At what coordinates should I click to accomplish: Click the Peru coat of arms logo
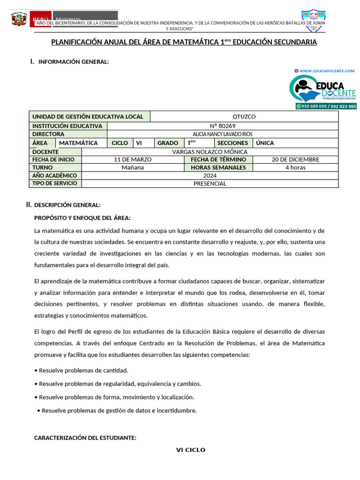coord(19,19)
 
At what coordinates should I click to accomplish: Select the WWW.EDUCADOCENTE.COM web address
coord(327,71)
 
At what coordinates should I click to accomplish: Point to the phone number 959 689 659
coord(312,106)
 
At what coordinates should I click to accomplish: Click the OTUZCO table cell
coord(244,117)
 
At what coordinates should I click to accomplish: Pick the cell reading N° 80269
coord(223,126)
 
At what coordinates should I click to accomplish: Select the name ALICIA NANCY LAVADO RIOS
coord(223,134)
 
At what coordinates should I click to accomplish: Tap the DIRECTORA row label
coord(48,134)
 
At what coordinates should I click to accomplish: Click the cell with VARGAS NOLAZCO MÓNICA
coord(210,151)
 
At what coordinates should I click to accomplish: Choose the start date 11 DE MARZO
coord(133,159)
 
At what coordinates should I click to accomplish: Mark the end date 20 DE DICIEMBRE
coord(295,159)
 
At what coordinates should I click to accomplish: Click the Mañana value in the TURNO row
coord(133,167)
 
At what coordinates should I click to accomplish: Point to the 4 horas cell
coord(295,167)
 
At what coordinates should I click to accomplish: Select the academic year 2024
coord(210,175)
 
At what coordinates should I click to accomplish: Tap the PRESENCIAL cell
coord(210,183)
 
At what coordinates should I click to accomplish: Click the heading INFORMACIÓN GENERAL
coord(74,62)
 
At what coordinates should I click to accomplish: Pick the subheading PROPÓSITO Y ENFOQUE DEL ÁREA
coord(82,218)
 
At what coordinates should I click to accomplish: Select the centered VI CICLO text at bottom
coord(191,450)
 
